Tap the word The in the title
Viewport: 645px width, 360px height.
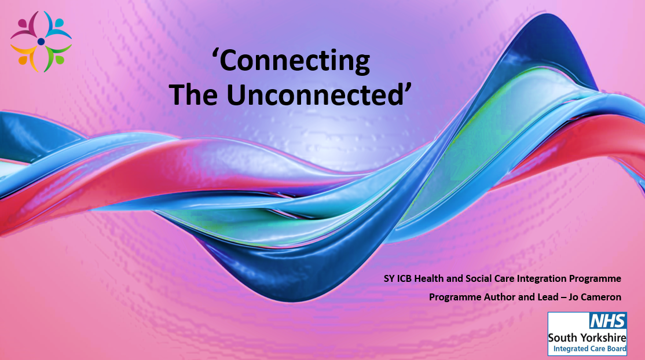click(x=193, y=94)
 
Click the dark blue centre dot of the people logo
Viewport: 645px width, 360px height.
click(x=41, y=42)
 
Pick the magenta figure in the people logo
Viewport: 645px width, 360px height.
click(x=25, y=26)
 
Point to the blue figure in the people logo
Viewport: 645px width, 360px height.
click(x=57, y=25)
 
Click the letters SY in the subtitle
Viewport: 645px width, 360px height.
click(x=389, y=278)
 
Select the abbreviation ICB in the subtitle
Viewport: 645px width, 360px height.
click(x=404, y=278)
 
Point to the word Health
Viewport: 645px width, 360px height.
click(x=429, y=278)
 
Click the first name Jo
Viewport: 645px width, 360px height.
click(x=573, y=297)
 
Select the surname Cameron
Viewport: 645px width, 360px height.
click(x=601, y=297)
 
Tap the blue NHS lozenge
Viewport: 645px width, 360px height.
click(x=607, y=321)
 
